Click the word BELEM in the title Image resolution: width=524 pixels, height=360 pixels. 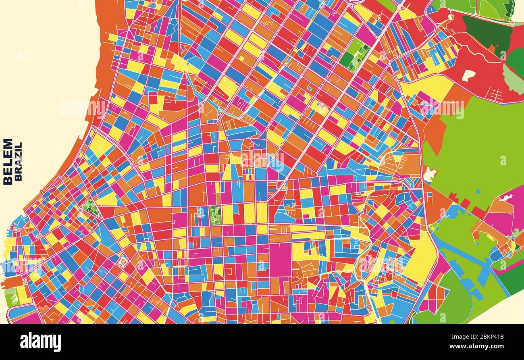click(8, 161)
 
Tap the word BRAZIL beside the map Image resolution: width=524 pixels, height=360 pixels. click(18, 161)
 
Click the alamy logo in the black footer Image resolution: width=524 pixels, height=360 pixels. click(40, 342)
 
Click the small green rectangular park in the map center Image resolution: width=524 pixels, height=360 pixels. click(215, 215)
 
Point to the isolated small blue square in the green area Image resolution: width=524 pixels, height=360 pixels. click(478, 191)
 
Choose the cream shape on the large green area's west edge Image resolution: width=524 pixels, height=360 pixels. click(429, 175)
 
